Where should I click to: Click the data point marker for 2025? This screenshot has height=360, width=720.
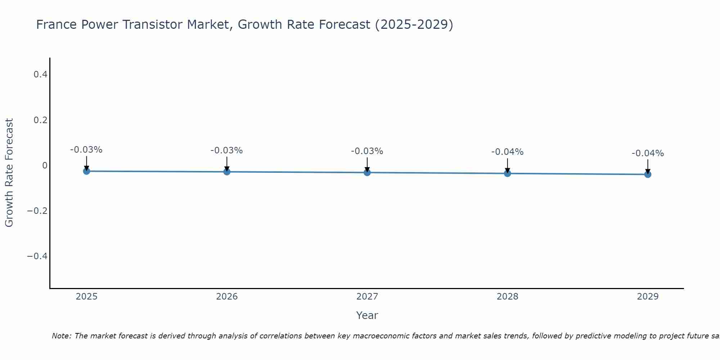click(x=86, y=171)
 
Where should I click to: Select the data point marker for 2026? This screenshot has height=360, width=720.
click(x=227, y=172)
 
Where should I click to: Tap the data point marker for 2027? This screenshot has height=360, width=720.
click(x=367, y=172)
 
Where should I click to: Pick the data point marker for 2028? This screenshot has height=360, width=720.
click(x=507, y=174)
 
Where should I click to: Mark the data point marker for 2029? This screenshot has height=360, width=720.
click(x=648, y=174)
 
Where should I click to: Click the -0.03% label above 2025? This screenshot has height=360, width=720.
click(x=86, y=150)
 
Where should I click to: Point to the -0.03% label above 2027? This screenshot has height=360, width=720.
click(x=367, y=151)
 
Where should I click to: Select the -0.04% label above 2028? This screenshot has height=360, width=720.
click(x=507, y=152)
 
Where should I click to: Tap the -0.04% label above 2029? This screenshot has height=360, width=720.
click(x=648, y=153)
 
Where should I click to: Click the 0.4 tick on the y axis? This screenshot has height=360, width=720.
click(x=40, y=75)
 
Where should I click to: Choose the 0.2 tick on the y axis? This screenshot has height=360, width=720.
click(x=40, y=120)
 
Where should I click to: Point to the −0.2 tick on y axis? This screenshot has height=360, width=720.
click(x=37, y=211)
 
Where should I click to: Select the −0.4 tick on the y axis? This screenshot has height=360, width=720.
click(x=37, y=256)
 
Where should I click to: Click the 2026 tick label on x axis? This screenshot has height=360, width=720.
click(x=227, y=297)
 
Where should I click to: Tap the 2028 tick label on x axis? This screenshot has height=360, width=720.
click(x=507, y=297)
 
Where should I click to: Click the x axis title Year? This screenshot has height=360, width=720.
click(x=367, y=315)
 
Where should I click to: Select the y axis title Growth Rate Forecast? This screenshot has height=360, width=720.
click(x=9, y=172)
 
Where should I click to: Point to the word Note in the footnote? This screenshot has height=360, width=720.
click(x=61, y=336)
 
